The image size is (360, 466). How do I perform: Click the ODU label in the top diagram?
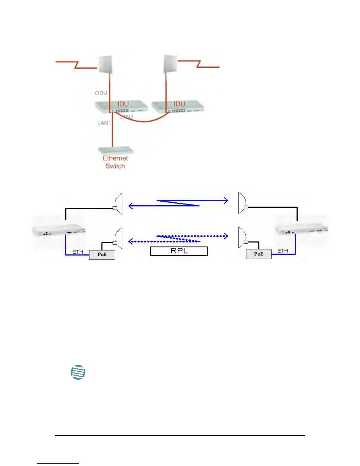101,93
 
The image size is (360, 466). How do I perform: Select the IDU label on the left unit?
123,104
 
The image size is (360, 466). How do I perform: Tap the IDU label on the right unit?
179,104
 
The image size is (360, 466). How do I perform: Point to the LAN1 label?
104,123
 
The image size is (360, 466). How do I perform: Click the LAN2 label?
127,117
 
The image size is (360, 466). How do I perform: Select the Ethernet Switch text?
115,162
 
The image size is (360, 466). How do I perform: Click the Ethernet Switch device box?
116,151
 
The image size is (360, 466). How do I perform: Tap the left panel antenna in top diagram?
105,64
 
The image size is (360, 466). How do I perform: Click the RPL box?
179,251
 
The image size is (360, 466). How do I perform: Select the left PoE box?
102,254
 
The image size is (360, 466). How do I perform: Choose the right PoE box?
259,254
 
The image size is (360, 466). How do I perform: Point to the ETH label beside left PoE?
78,252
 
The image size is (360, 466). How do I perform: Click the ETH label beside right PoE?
282,251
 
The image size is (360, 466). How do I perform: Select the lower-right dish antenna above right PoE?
243,237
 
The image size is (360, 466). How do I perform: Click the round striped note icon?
78,372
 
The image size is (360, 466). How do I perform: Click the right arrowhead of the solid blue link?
226,201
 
